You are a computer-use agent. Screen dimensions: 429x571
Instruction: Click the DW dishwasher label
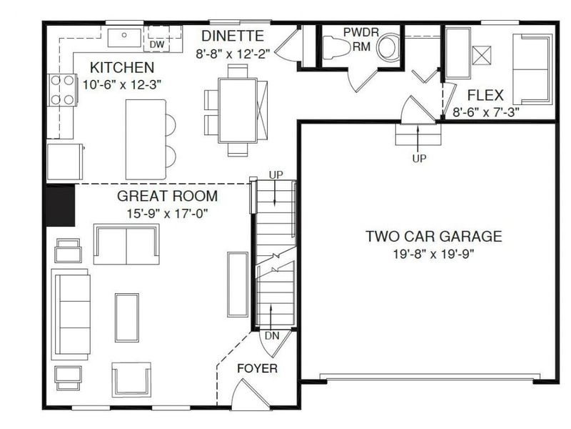[x=156, y=44]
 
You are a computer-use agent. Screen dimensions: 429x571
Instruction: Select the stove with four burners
[x=63, y=90]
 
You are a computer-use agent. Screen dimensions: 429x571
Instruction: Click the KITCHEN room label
[x=121, y=68]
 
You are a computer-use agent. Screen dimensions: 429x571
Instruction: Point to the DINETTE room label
[x=233, y=35]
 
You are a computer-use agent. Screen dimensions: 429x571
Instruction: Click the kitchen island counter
[x=146, y=138]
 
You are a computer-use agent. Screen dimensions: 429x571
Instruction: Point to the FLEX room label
[x=485, y=94]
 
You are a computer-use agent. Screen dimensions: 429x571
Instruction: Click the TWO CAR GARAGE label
[x=434, y=236]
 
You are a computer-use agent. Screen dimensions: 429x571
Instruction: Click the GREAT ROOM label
[x=167, y=196]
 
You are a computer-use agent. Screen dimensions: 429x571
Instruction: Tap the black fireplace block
[x=61, y=206]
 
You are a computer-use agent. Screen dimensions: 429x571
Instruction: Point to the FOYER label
[x=257, y=369]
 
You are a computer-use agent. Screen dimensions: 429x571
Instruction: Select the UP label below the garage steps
[x=418, y=159]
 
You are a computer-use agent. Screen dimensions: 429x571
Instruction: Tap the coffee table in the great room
[x=128, y=316]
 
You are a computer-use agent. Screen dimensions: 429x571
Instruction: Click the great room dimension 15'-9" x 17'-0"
[x=167, y=212]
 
